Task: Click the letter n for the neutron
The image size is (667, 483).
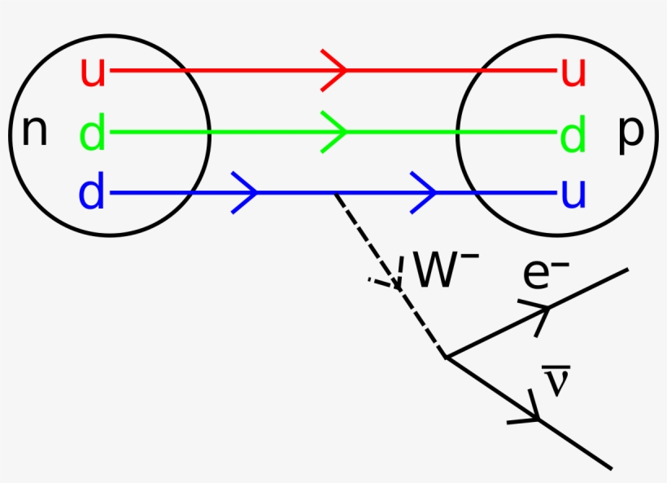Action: tap(33, 132)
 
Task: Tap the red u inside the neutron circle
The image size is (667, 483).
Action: tap(93, 72)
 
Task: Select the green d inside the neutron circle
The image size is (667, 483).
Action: tap(93, 132)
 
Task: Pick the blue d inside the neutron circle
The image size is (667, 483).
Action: tap(93, 193)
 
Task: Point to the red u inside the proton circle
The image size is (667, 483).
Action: tap(573, 72)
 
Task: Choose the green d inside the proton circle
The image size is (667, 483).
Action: tap(573, 132)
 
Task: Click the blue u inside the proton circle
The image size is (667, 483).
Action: tap(573, 193)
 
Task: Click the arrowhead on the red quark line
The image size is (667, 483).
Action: tap(335, 71)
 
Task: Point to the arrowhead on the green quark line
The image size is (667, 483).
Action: tap(335, 132)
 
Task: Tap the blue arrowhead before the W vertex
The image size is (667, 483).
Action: tap(246, 193)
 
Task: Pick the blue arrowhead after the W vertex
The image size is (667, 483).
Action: tap(425, 193)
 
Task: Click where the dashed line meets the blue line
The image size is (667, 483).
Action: tap(336, 194)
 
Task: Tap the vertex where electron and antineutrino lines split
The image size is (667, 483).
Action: tap(445, 357)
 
